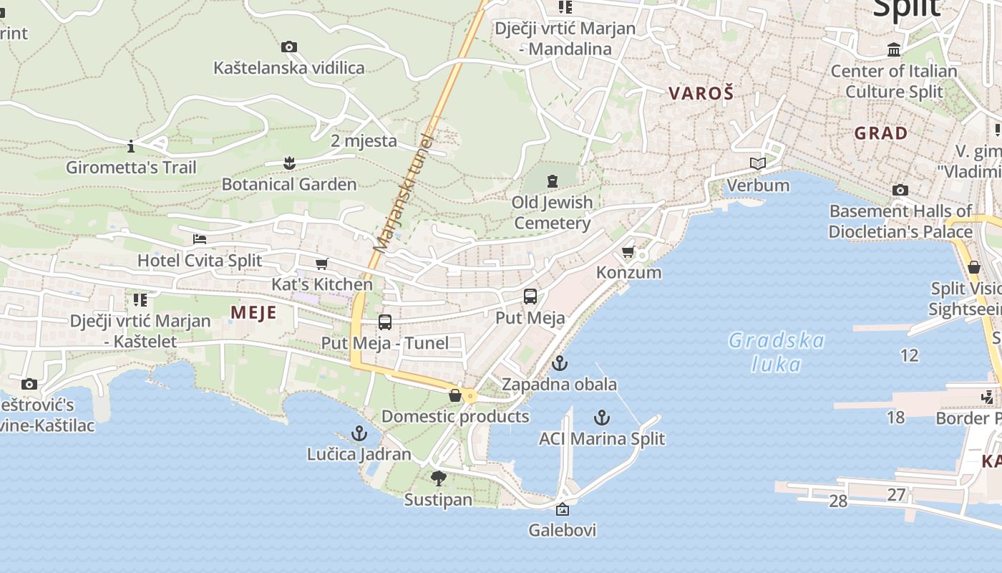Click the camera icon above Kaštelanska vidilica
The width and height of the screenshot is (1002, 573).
289,47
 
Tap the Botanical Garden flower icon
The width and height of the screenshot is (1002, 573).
289,163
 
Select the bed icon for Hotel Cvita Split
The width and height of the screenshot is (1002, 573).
200,239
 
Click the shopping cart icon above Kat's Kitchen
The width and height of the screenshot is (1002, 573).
322,264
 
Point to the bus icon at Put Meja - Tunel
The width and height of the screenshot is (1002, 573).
385,322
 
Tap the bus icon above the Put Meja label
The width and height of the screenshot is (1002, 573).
530,297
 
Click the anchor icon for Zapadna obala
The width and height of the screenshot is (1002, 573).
559,363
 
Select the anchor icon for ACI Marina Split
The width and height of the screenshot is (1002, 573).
602,417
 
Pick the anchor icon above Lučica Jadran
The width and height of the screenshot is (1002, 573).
359,433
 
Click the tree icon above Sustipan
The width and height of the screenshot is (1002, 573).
438,478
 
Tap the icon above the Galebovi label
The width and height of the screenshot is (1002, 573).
563,509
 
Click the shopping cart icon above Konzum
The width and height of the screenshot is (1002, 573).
628,251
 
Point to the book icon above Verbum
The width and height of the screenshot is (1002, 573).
758,164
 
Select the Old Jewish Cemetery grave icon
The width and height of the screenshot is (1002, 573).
552,180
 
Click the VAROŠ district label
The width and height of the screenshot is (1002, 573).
701,93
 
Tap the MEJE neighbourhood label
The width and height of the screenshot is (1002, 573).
253,313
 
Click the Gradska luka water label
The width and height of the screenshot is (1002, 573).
777,352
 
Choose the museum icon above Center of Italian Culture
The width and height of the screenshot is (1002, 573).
894,50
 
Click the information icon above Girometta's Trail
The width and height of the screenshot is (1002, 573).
131,147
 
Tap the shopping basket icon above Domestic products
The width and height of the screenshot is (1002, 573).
455,395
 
